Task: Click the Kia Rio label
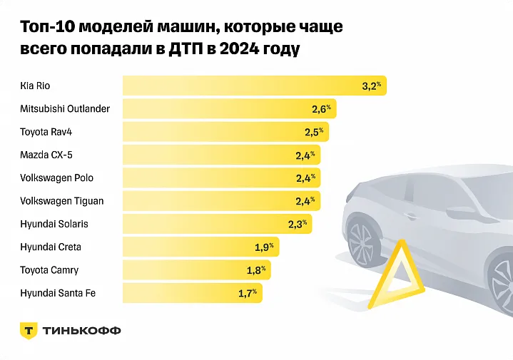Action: click(x=36, y=86)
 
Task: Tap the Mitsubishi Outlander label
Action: click(x=65, y=109)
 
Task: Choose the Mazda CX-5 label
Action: click(x=46, y=155)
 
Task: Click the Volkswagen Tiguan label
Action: click(x=62, y=200)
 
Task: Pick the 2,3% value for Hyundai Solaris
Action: click(x=298, y=224)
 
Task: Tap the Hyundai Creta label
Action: click(x=51, y=247)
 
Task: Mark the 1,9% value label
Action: click(x=265, y=247)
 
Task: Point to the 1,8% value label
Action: click(x=256, y=270)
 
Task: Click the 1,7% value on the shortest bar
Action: click(x=248, y=293)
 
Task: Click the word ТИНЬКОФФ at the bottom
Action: click(x=83, y=331)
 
